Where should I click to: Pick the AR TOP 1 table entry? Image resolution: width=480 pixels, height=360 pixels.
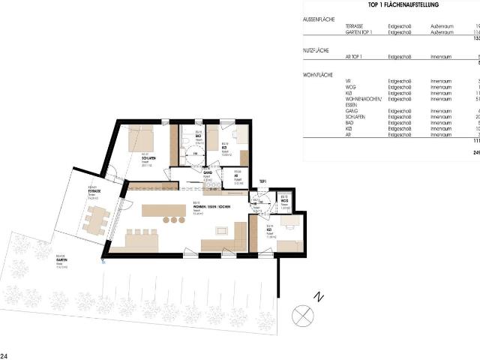[x=355, y=56]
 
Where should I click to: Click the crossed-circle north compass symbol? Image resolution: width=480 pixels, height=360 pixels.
[x=302, y=313]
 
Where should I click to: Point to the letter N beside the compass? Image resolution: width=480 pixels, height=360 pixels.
[x=319, y=296]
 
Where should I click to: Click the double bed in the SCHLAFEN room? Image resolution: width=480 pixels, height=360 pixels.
[x=140, y=136]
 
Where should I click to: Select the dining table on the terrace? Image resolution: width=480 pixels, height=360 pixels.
[x=97, y=220]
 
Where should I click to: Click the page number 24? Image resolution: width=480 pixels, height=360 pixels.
[x=4, y=355]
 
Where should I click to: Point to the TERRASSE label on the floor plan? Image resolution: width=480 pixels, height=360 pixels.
[x=94, y=190]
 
